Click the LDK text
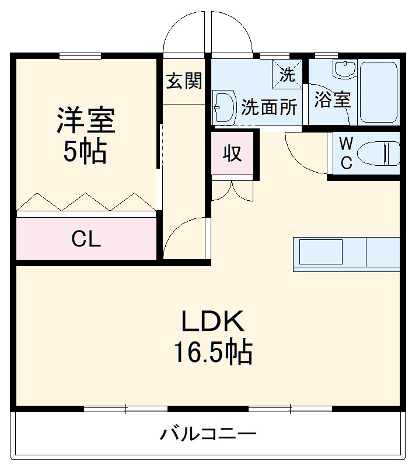(211, 322)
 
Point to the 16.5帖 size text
(211, 352)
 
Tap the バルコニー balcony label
(208, 434)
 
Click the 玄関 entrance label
(184, 81)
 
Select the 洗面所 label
(270, 107)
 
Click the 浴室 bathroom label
(332, 99)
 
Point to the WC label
(346, 154)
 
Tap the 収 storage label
(232, 153)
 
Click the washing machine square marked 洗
(287, 73)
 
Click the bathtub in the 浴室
(378, 92)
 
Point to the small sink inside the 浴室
(343, 70)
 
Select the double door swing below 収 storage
(232, 190)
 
